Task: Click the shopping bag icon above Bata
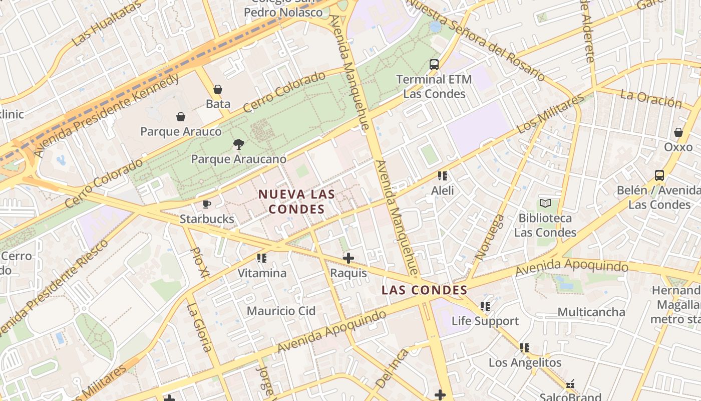[218, 89]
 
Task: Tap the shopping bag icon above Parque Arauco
[181, 117]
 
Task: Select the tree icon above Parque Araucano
[239, 144]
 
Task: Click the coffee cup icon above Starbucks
[207, 204]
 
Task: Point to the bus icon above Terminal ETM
[434, 65]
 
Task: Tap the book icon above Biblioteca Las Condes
[545, 204]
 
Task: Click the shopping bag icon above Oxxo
[678, 132]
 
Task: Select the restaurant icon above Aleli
[443, 175]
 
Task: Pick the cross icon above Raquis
[348, 258]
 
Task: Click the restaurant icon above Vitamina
[262, 258]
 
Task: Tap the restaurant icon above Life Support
[485, 306]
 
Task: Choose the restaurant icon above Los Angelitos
[525, 347]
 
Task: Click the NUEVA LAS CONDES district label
[296, 202]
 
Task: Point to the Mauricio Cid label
[281, 311]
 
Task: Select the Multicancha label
[591, 312]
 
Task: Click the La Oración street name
[650, 99]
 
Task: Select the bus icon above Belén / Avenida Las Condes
[659, 175]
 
